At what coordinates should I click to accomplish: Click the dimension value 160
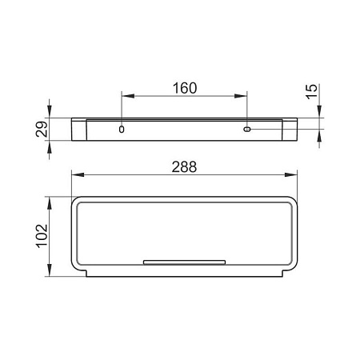point(185,88)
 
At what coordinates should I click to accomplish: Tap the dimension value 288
point(184,167)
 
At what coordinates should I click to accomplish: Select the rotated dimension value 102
point(42,236)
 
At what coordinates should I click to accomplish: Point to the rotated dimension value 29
point(42,130)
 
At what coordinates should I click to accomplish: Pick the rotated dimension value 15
point(311,92)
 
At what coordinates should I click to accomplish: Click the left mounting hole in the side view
point(122,130)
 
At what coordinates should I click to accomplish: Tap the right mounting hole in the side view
point(247,130)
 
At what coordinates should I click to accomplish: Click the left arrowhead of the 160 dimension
point(128,96)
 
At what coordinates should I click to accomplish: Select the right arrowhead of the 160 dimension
point(241,96)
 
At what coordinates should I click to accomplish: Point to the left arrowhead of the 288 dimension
point(78,175)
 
